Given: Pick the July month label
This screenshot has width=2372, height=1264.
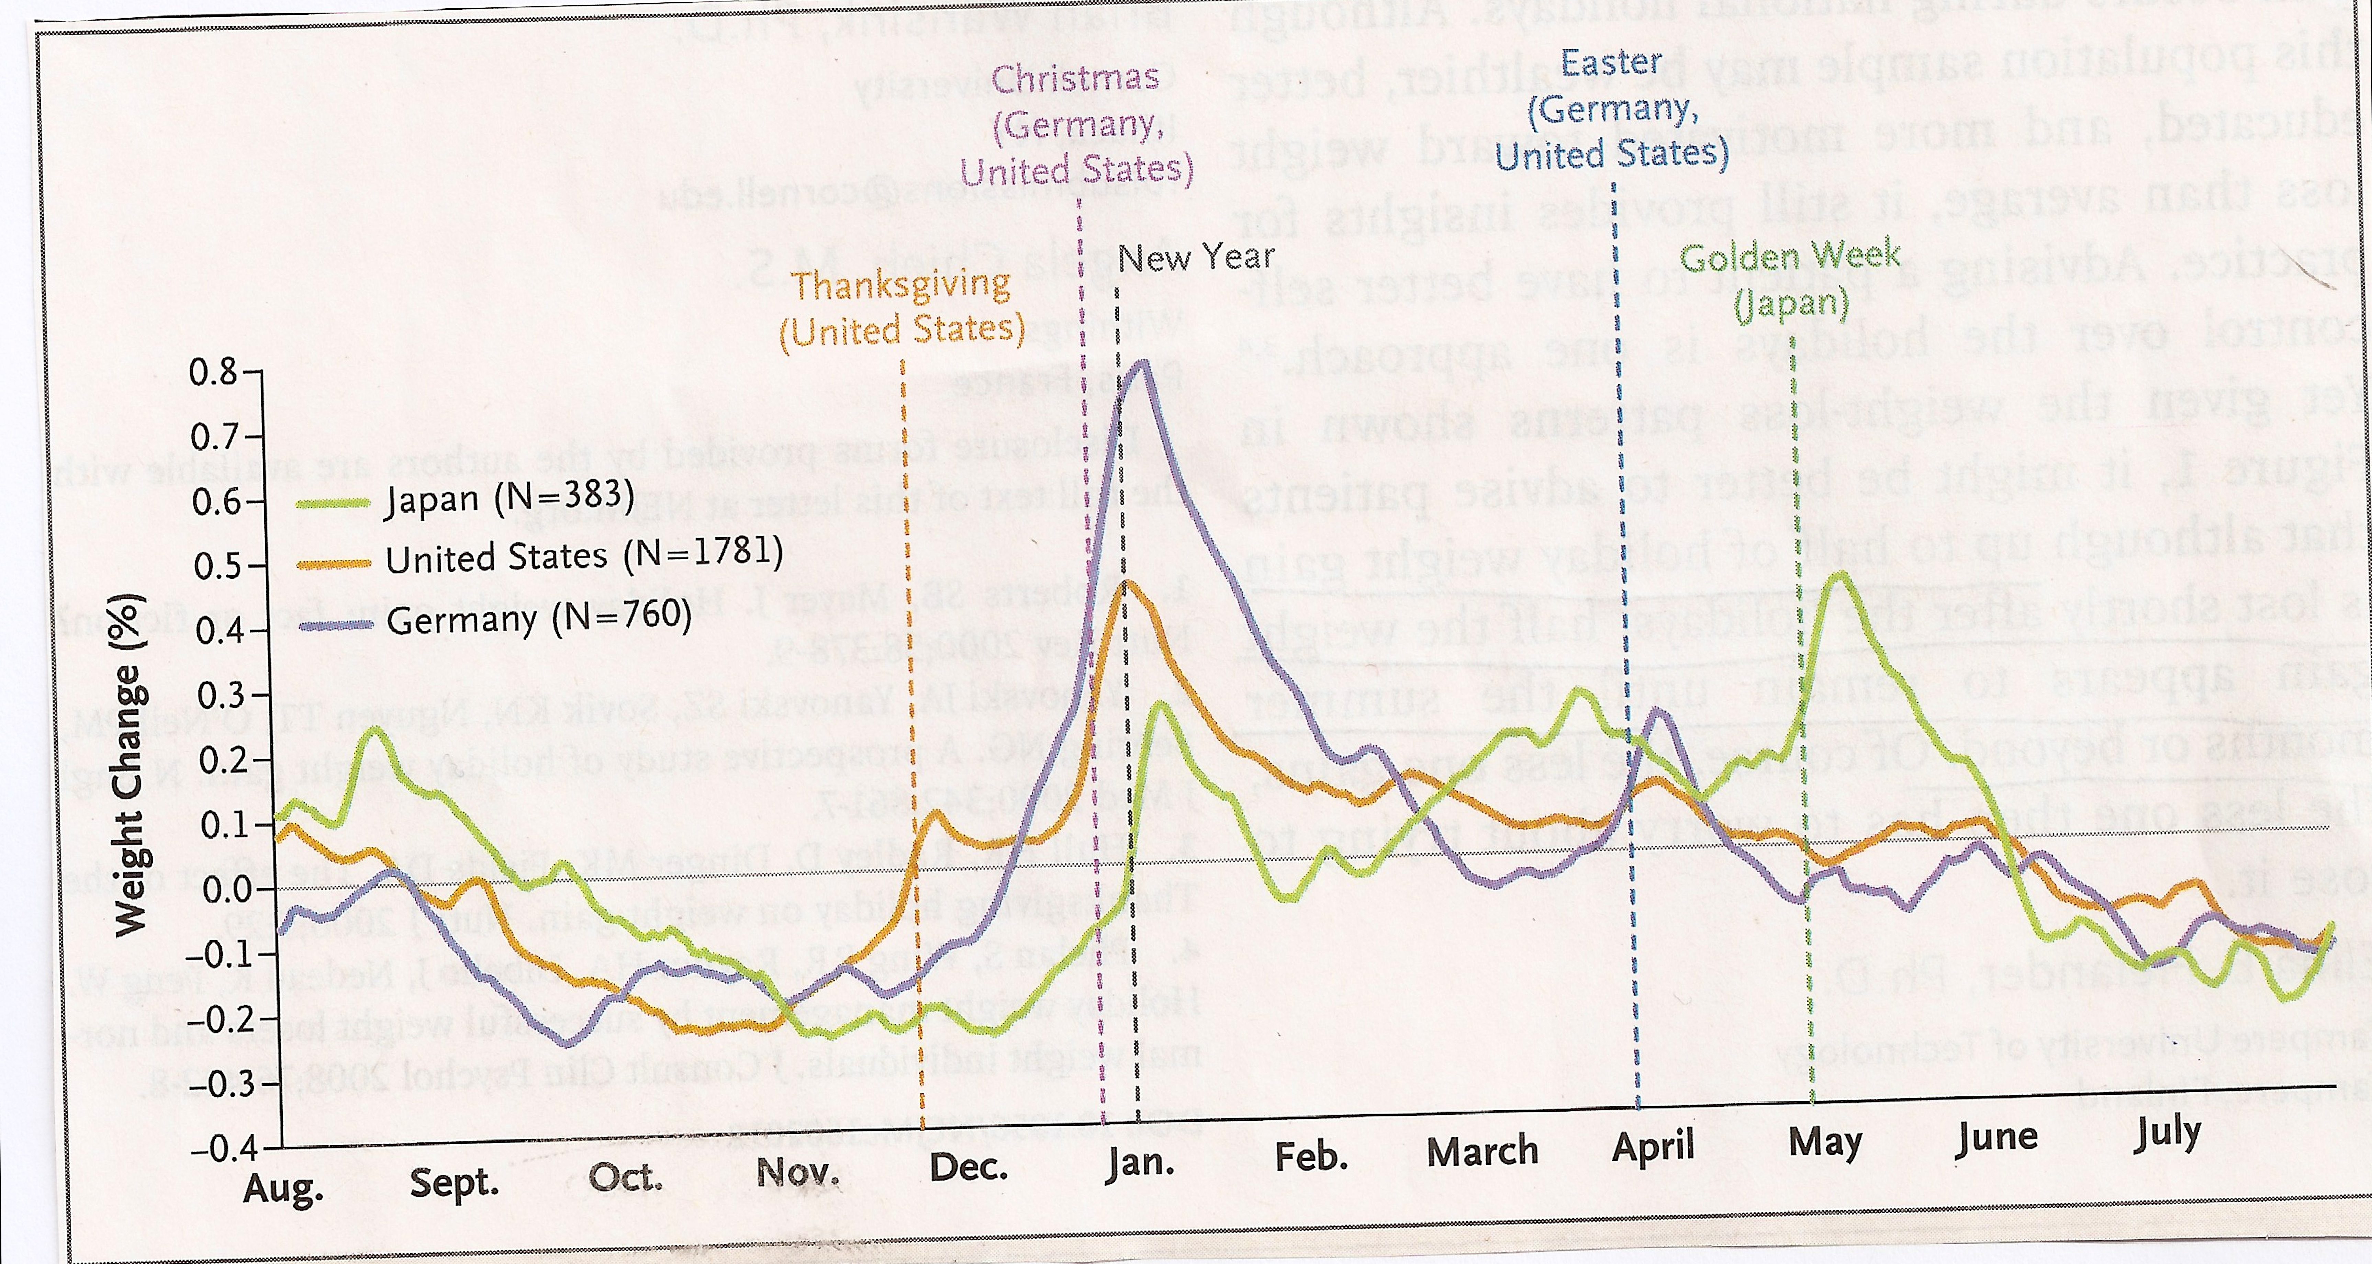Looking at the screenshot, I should coord(2168,1134).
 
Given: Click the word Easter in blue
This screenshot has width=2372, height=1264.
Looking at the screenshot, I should coord(1611,63).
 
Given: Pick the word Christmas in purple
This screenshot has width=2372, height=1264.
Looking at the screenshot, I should coord(1075,78).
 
